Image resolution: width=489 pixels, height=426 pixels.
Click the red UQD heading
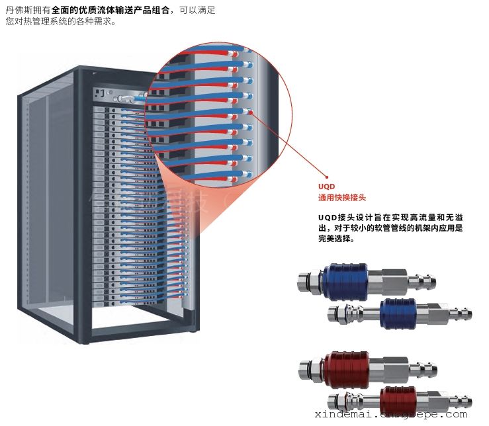tap(326, 187)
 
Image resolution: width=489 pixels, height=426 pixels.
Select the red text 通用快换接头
tap(341, 197)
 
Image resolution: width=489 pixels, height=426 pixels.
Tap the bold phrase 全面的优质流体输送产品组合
tap(107, 11)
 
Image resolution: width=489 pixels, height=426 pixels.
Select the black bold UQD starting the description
tap(327, 218)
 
